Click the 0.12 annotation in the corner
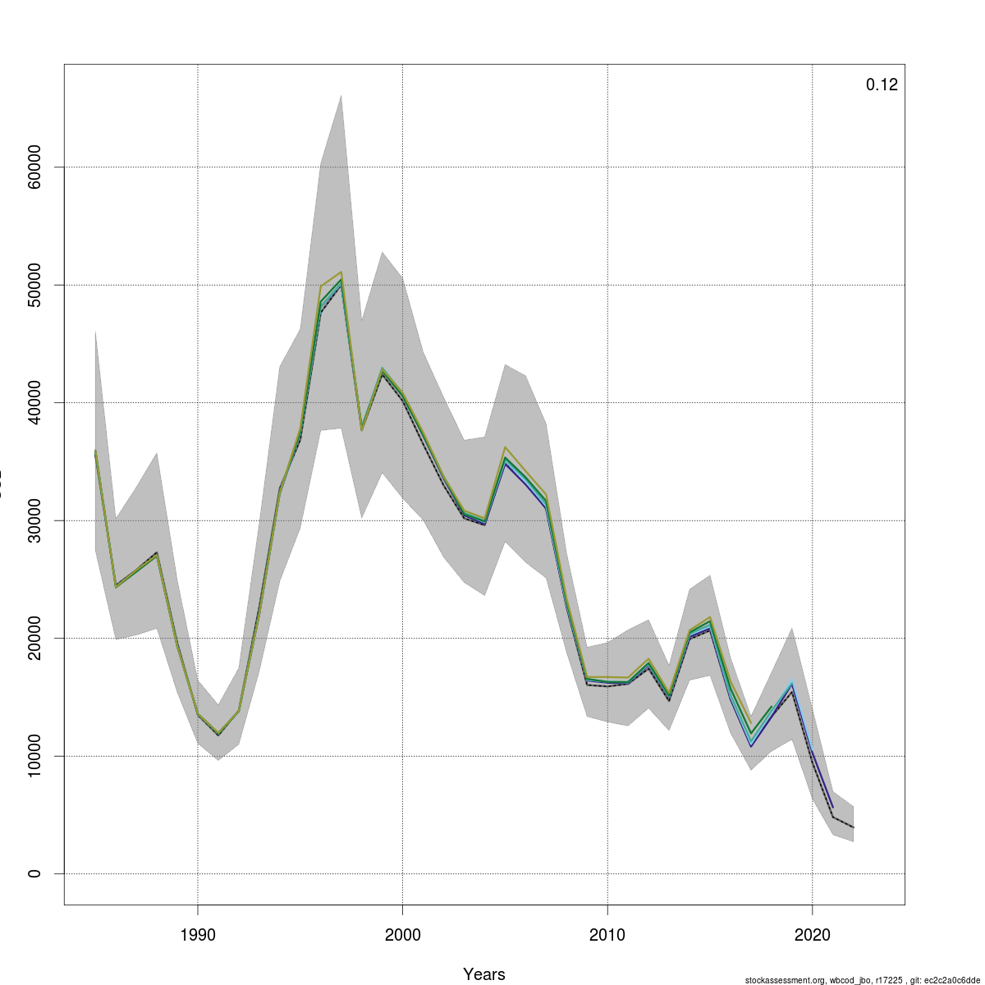882,85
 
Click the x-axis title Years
483,974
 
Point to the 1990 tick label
197,935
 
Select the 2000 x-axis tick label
402,935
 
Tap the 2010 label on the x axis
607,935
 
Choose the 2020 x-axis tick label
812,935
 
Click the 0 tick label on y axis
34,873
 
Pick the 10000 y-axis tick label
34,756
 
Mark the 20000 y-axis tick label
34,638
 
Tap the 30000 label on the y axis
34,520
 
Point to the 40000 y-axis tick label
34,402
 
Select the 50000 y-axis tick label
34,285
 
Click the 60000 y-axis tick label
34,167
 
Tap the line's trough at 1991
218,734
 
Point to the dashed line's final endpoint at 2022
853,827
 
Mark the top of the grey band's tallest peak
341,95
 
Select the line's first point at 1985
95,452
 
